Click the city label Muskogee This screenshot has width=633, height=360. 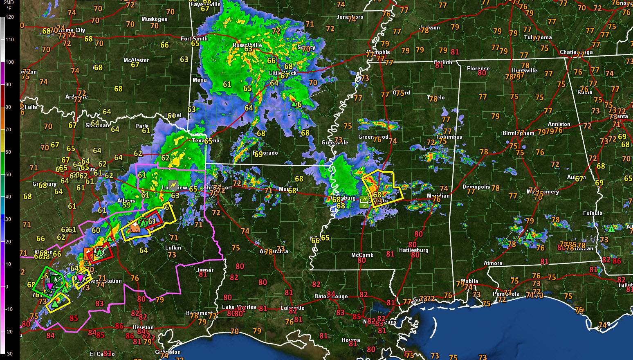pos(154,19)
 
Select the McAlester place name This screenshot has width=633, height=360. pos(136,60)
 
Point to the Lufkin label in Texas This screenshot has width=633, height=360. pos(173,248)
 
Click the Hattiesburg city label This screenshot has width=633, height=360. pos(413,250)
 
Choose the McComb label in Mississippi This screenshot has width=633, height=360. pos(362,255)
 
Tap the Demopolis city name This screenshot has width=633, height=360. pos(476,187)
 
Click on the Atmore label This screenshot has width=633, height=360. pos(493,263)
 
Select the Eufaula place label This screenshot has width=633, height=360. pos(593,213)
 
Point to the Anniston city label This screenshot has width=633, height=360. pos(559,124)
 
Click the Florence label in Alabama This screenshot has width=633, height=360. pos(478,69)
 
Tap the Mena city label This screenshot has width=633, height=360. pos(200,80)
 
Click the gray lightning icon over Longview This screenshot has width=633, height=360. pos(173,185)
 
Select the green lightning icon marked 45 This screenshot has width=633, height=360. pos(364,201)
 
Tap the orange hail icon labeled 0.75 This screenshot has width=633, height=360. pos(135,227)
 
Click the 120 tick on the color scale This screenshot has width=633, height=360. pos(10,17)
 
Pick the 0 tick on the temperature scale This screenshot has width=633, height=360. pos(7,286)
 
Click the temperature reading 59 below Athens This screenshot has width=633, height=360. pos(127,205)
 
